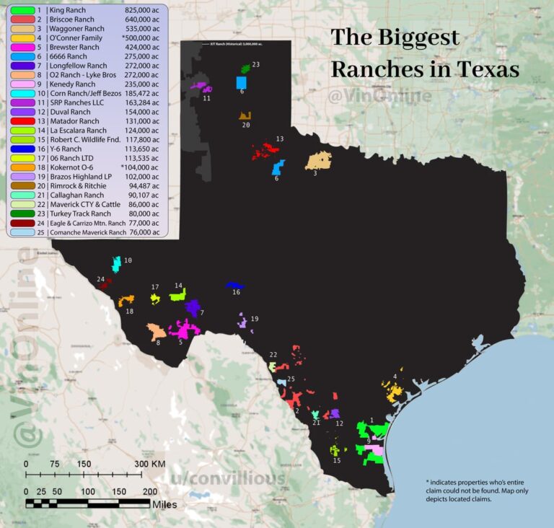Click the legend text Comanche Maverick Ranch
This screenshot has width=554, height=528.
click(88, 232)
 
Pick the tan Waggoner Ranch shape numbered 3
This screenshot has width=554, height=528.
click(318, 159)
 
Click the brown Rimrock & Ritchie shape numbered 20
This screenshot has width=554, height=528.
click(245, 115)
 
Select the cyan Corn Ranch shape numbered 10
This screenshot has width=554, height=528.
click(116, 263)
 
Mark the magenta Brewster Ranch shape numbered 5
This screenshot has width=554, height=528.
click(185, 330)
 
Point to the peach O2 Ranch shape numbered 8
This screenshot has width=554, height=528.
click(156, 332)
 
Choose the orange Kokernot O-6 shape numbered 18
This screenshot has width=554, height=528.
click(126, 300)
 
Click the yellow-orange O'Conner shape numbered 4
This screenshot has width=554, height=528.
click(395, 393)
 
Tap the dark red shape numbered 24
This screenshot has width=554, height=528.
click(105, 284)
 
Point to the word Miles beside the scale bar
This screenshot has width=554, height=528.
click(165, 504)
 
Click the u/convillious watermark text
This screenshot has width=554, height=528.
click(227, 478)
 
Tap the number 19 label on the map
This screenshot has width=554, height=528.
click(254, 318)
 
